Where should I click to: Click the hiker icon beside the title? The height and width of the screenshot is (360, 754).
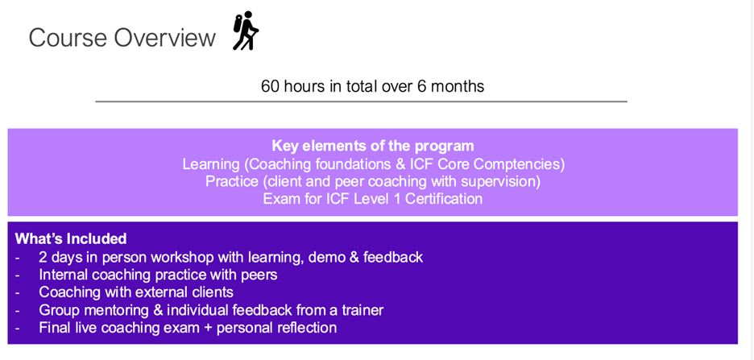246,31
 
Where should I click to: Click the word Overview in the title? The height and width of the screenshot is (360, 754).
164,38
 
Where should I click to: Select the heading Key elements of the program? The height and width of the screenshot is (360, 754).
373,146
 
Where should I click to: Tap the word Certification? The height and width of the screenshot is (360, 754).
444,198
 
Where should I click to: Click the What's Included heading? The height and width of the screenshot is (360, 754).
71,238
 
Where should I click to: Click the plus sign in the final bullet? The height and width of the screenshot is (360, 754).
200,329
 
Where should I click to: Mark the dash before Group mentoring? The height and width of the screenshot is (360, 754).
18,311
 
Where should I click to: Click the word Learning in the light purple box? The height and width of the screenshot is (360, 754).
211,164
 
